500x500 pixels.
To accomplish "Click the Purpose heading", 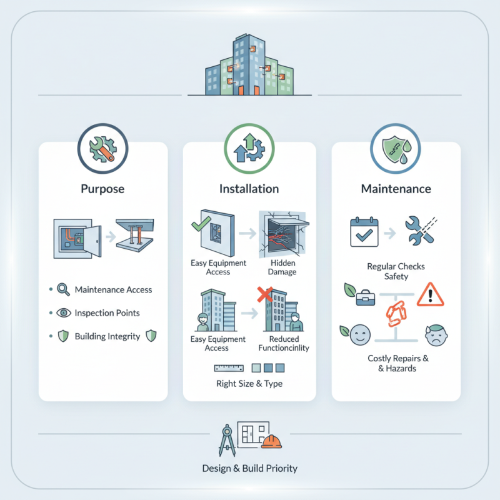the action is coord(102,189).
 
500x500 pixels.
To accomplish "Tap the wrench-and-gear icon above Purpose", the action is coord(102,149).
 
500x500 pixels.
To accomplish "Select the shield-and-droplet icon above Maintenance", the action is coord(396,149).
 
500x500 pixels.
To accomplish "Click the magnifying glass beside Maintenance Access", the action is coord(63,289).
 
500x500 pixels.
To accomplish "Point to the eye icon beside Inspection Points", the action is coord(64,312).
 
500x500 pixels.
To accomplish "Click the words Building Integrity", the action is coord(107,336).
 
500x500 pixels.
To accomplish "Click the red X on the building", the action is coord(265,294).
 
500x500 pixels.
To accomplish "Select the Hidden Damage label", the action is coord(282,267).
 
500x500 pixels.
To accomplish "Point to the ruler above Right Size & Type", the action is coord(229,368).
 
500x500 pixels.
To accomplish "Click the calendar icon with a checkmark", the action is coord(364,232).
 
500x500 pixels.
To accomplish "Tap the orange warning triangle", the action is coord(430,294).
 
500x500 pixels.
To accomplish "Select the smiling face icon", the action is coord(360,335).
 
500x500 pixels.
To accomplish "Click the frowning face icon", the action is coord(436,335).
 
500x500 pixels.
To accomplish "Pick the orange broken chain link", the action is coord(396,314).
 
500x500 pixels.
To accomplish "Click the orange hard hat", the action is coord(271,442).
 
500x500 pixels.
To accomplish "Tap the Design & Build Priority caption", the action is coord(249,468).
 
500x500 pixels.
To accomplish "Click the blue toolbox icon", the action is coord(366,297).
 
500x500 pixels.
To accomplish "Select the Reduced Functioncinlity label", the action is coord(284,343).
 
